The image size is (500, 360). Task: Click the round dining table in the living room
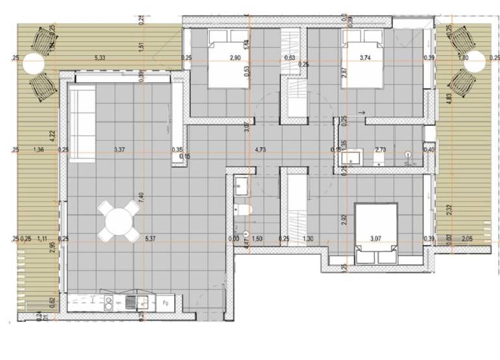pos(118,221)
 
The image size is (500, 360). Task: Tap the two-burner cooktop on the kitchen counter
pos(109,301)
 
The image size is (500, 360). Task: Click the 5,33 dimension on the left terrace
pos(100,58)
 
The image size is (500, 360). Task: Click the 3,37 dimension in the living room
pos(119,150)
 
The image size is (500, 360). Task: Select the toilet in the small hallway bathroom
pos(240,210)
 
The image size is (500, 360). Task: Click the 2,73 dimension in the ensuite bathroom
pos(381,150)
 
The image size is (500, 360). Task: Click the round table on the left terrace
pos(33,64)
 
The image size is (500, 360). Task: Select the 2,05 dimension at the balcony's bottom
pos(467,239)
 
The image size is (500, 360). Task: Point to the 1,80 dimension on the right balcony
pos(464,58)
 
